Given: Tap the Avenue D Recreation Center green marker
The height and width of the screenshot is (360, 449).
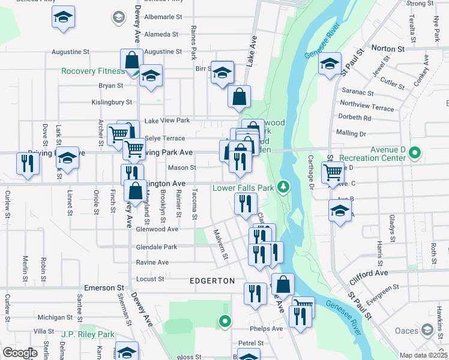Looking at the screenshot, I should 414,154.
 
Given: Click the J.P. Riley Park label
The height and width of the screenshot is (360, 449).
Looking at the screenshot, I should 88,334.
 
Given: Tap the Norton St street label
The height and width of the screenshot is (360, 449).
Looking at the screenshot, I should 388,49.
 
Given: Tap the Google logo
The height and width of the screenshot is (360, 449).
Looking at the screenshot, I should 20,353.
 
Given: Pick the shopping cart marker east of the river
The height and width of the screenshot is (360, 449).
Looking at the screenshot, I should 333,172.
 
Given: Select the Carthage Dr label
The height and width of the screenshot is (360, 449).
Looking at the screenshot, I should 311,171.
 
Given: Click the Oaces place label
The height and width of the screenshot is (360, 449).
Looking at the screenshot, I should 406,331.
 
